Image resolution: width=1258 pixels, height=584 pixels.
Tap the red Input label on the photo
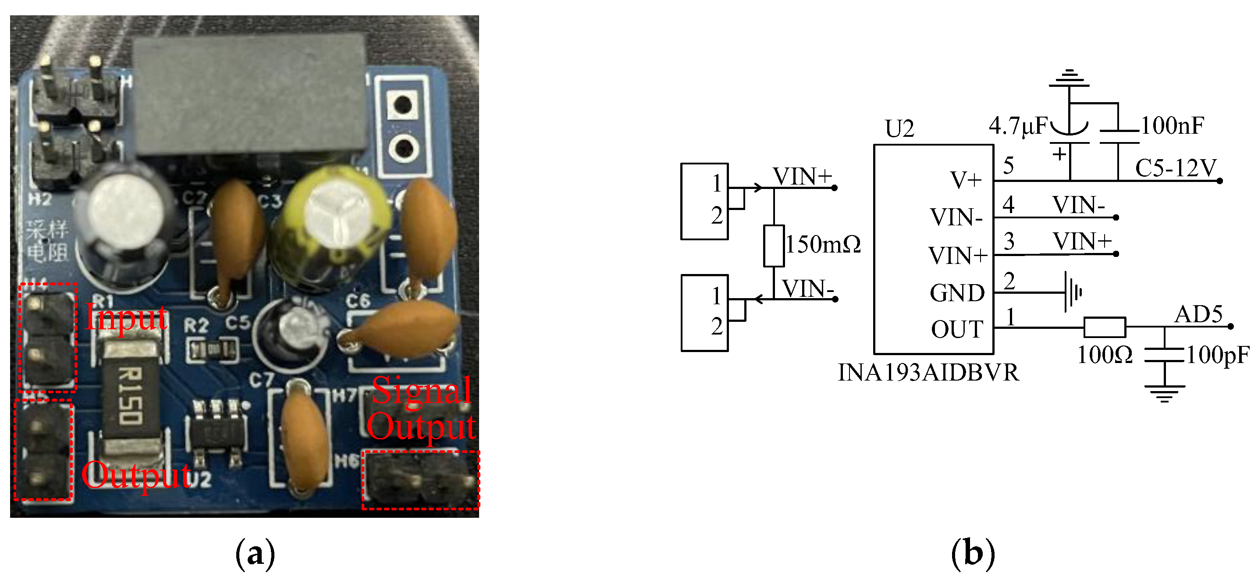[x=127, y=317]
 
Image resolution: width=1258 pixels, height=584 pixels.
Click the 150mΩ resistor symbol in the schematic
[x=774, y=246]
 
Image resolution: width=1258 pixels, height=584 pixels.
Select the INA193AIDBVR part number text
[x=928, y=373]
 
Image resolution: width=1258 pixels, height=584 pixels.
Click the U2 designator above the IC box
[x=899, y=129]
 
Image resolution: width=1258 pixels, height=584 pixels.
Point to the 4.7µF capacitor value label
[x=1018, y=126]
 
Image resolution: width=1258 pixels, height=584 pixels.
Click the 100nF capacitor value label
[x=1172, y=126]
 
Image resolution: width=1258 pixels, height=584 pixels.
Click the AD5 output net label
[x=1198, y=314]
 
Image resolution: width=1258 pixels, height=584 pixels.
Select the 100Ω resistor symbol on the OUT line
[x=1105, y=327]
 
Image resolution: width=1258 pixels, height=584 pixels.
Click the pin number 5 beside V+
[x=1009, y=166]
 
